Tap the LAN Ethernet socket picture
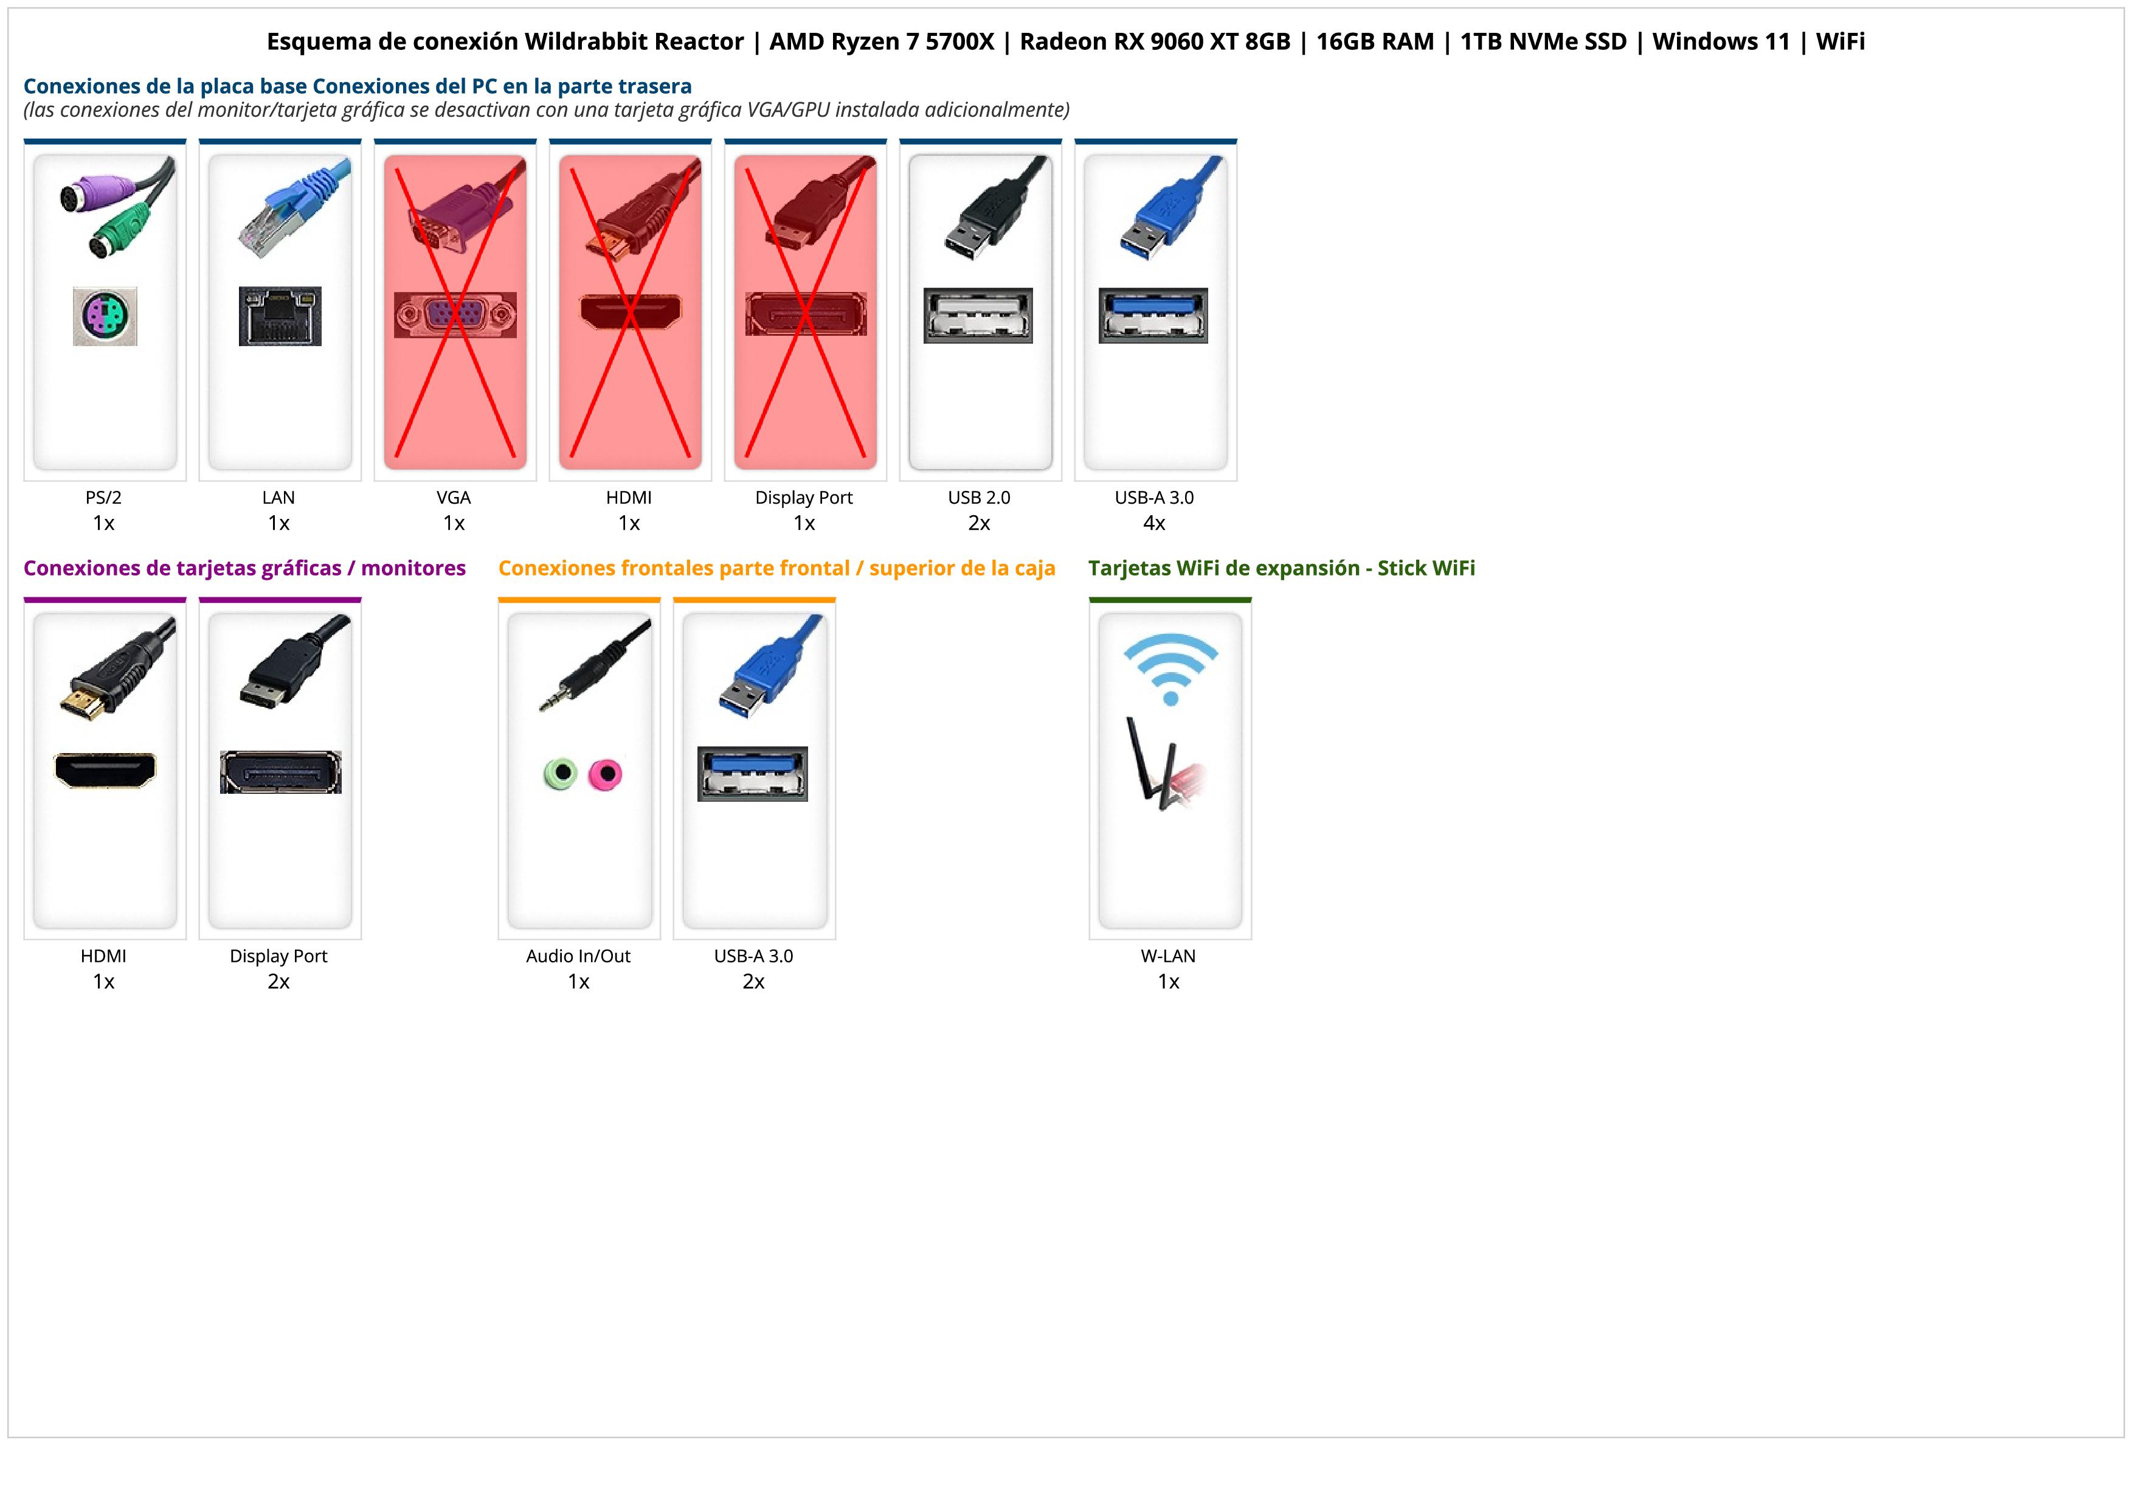pos(280,316)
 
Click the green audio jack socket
pos(560,773)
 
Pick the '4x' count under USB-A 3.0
pos(1154,523)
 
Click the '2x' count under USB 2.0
pos(979,523)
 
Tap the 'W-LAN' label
pos(1168,956)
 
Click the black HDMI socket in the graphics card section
pos(105,770)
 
